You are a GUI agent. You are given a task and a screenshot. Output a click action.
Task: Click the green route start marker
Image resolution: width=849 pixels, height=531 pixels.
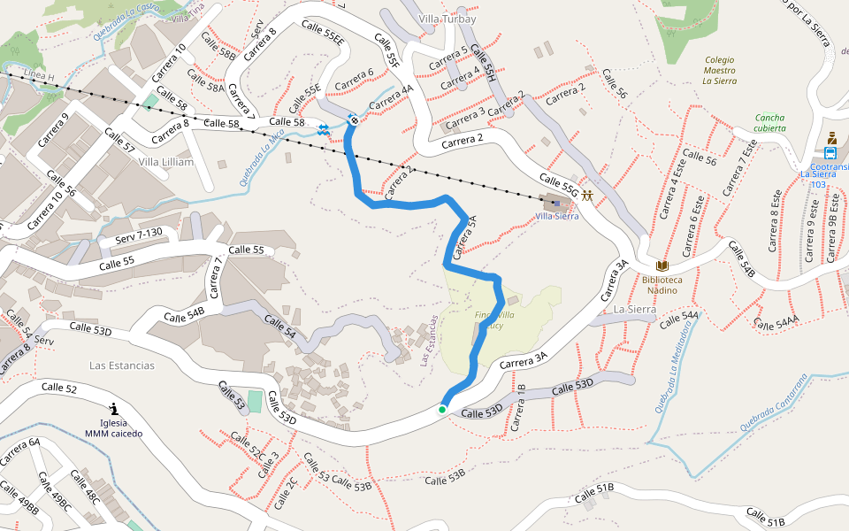click(x=441, y=409)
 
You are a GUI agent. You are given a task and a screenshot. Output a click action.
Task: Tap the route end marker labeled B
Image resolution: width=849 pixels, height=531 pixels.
click(x=353, y=119)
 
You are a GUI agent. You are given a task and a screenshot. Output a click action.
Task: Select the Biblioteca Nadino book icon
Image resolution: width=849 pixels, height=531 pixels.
click(x=662, y=266)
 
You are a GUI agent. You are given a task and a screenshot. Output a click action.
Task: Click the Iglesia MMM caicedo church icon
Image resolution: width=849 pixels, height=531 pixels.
click(x=114, y=408)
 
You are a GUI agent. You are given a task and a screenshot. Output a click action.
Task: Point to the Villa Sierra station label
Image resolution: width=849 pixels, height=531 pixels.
click(x=557, y=216)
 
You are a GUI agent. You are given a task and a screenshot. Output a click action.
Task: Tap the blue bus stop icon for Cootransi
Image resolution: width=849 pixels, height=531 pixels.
click(x=830, y=152)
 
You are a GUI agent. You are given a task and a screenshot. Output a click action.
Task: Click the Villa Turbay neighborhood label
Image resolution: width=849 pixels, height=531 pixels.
click(x=447, y=19)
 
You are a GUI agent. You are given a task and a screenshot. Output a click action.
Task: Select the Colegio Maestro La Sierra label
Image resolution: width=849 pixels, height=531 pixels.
click(x=719, y=70)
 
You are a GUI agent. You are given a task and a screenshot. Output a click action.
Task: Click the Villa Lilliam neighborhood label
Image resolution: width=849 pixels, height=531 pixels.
click(x=166, y=162)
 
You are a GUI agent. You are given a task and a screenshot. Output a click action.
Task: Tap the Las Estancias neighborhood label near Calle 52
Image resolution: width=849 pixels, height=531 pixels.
click(x=122, y=366)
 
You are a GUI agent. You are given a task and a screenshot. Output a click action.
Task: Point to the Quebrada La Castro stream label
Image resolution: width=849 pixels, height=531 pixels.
click(x=125, y=24)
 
